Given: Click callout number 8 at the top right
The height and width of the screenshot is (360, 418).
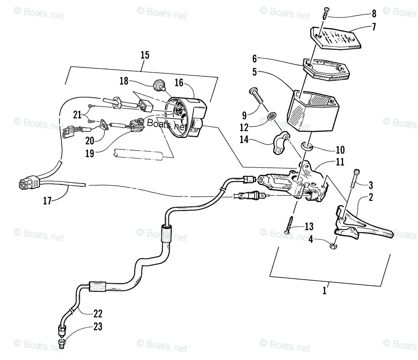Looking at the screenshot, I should [x=374, y=14].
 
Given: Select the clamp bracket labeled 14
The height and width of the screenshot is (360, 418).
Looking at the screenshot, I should [x=283, y=144].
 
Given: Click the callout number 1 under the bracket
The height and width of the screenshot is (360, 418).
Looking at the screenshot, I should [x=324, y=291].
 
